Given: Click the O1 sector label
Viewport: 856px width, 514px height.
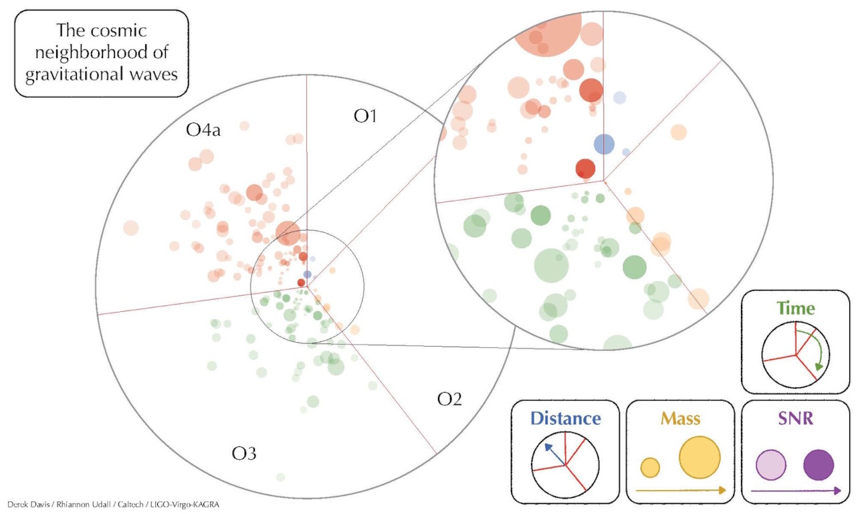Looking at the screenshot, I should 365,116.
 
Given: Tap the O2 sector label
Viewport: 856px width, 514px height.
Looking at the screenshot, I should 449,399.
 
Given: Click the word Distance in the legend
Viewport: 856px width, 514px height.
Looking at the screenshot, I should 566,418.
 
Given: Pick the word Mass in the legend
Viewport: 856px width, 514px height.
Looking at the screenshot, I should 680,419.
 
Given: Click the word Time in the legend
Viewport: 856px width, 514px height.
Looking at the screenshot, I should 796,309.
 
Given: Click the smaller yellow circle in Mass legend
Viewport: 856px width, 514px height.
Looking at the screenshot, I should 650,467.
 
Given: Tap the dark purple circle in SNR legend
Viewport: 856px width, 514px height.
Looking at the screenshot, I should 819,465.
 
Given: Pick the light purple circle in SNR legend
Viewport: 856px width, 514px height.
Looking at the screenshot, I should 770,465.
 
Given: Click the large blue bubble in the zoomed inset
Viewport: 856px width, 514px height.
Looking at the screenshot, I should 604,143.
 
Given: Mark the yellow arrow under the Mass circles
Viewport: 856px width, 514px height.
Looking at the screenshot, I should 680,491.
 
